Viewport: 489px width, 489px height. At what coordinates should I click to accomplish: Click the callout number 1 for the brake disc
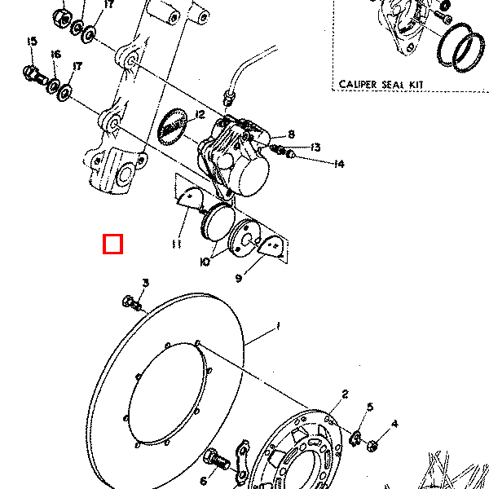tap(278, 327)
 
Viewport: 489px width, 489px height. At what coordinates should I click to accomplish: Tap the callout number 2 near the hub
tap(345, 394)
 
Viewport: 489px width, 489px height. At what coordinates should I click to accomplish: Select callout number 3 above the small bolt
tap(146, 283)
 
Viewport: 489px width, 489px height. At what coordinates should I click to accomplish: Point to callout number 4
tap(394, 424)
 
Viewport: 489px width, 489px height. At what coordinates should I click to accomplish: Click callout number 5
tap(370, 407)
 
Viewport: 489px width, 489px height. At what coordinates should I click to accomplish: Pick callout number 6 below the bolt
tap(203, 481)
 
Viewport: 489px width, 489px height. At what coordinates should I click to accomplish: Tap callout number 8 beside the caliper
tap(291, 134)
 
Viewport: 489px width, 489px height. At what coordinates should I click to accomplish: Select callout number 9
tap(239, 278)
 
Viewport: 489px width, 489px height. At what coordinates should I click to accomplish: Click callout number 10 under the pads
tap(205, 262)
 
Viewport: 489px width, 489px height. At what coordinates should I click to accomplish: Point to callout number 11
tap(177, 244)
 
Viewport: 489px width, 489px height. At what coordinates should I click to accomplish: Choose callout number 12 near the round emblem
tap(200, 115)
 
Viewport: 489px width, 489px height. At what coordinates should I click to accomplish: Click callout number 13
tap(315, 148)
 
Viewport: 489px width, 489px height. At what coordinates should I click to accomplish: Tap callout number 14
tap(339, 164)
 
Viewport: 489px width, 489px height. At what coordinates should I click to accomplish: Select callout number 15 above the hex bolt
tap(32, 42)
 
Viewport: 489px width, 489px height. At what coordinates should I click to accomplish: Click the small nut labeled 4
tap(372, 445)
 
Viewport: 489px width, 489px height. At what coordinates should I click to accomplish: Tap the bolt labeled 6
tap(217, 460)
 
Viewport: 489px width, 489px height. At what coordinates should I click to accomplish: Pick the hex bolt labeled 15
tap(35, 75)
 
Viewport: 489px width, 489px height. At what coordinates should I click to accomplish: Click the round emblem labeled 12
tap(173, 126)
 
